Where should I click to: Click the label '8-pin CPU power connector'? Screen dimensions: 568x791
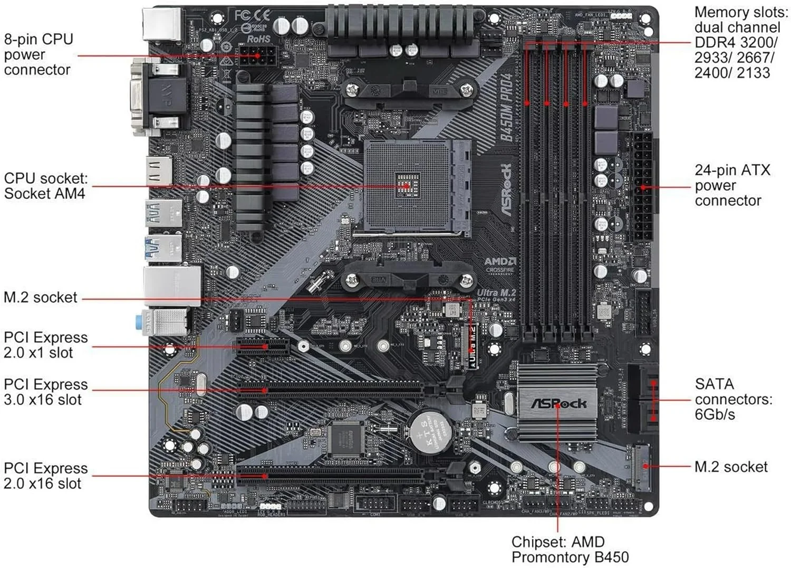(38, 54)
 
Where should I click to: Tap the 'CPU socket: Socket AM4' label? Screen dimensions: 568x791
(45, 186)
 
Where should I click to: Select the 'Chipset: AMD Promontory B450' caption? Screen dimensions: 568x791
(570, 550)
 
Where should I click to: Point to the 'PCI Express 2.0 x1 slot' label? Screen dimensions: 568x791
(45, 345)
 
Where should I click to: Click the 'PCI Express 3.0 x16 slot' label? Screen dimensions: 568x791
(45, 392)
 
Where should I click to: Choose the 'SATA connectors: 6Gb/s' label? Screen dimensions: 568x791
(733, 399)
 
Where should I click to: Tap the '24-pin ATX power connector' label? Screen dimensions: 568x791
(732, 185)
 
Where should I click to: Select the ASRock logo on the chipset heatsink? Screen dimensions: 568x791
(558, 404)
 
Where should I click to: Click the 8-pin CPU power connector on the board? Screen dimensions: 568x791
(257, 55)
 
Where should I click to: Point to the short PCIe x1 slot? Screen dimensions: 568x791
(263, 346)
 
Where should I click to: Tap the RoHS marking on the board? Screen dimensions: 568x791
(258, 39)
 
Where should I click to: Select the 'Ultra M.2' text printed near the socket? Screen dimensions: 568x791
(496, 293)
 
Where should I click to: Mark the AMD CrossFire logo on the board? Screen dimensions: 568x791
(500, 266)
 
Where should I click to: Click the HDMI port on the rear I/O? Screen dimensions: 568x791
(159, 171)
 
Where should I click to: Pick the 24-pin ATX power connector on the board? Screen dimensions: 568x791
(643, 187)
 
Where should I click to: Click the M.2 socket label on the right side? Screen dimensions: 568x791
(731, 467)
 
